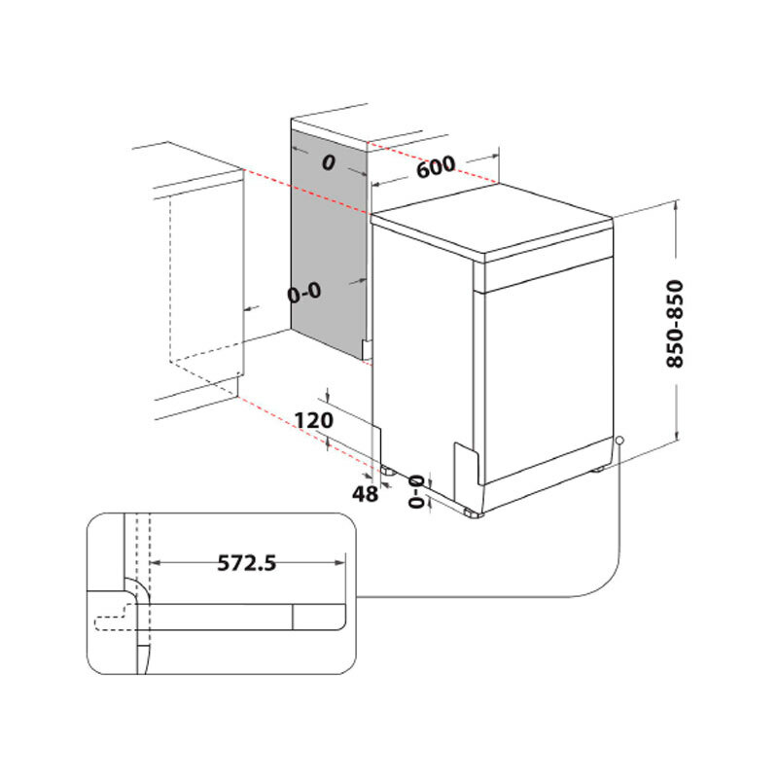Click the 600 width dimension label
click(436, 167)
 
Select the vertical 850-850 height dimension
click(675, 324)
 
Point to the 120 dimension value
click(313, 420)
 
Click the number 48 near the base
click(365, 494)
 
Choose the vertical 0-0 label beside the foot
click(416, 492)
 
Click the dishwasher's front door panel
click(545, 370)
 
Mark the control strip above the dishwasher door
click(545, 268)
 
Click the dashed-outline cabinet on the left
click(204, 282)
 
